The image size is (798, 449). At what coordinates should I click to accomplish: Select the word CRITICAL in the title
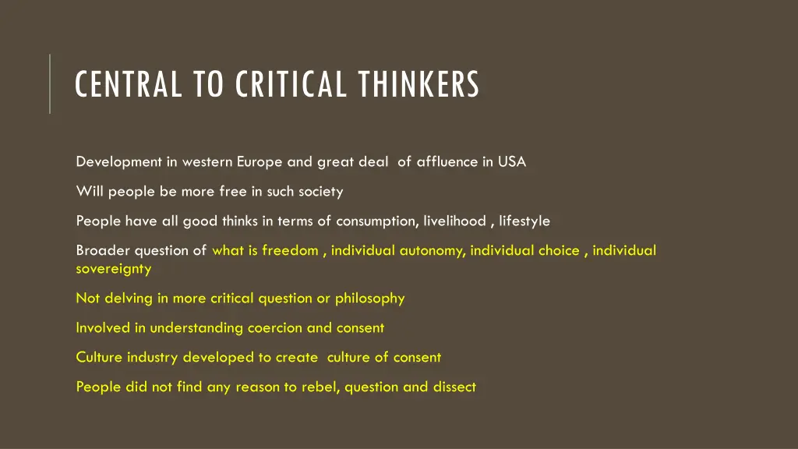coord(291,84)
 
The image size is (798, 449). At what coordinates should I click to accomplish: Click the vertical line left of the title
coord(50,83)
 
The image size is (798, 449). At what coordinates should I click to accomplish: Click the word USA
coord(512,162)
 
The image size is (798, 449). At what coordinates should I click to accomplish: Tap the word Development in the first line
coord(118,162)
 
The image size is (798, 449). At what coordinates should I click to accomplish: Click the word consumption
coord(378,221)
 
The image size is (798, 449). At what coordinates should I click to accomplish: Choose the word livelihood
coord(454,221)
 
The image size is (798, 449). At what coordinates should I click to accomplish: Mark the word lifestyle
coord(524,221)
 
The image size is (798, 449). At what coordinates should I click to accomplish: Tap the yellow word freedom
coord(290,251)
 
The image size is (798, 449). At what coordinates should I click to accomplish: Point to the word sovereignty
coord(114,269)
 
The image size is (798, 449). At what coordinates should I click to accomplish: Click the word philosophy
coord(369,299)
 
